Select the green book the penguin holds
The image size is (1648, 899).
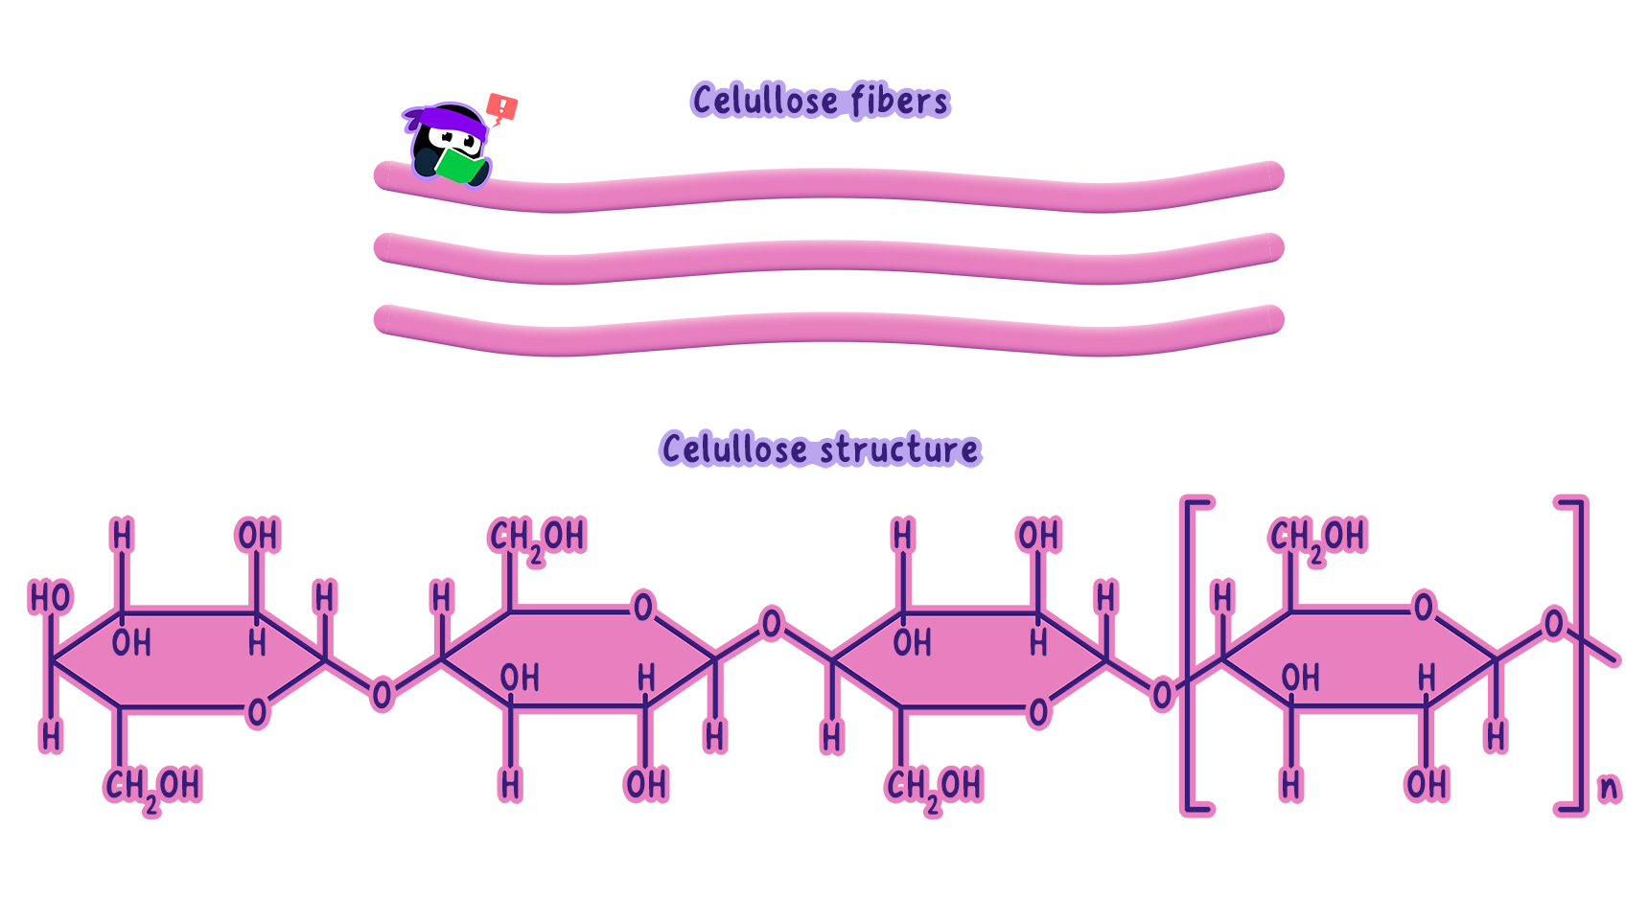tap(459, 166)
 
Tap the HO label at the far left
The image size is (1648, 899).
tap(51, 597)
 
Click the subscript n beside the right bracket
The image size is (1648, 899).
tap(1609, 788)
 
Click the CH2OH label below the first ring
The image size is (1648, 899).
tap(152, 787)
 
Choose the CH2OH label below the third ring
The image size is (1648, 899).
tap(934, 787)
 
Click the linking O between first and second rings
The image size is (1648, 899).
tap(382, 694)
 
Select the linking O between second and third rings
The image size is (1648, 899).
tap(772, 625)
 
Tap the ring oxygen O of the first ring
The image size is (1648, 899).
tap(257, 712)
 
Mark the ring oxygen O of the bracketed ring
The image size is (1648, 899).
tap(1424, 607)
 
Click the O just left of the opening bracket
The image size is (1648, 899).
tap(1162, 694)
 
